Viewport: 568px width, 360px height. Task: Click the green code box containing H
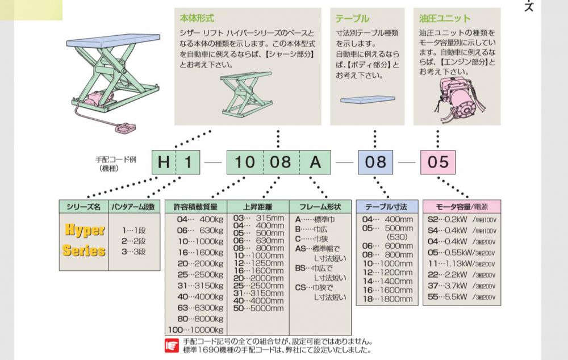point(164,162)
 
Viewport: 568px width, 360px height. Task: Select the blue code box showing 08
point(375,162)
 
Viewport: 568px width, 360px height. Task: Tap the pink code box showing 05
point(438,162)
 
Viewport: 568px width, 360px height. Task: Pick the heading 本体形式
point(197,18)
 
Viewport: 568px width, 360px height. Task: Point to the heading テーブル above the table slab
point(352,18)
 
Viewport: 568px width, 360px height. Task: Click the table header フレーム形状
point(320,207)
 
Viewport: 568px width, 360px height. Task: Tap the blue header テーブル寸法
point(386,207)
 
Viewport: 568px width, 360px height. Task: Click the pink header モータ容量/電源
point(461,207)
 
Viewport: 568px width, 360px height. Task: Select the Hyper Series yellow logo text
point(84,240)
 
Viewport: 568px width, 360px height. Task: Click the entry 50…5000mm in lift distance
point(258,308)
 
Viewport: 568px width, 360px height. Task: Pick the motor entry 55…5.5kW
point(454,297)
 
